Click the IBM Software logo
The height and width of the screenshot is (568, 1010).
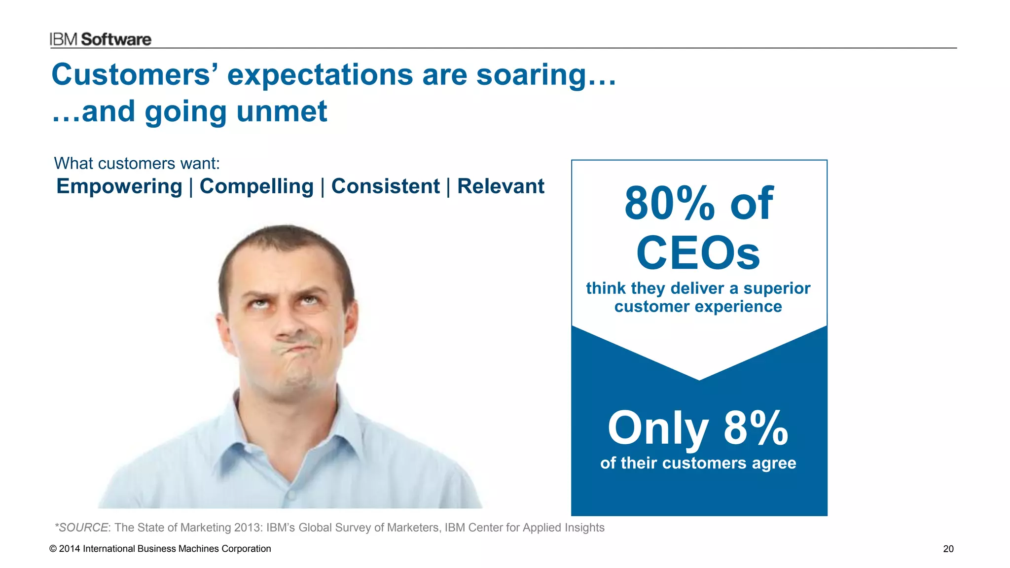(101, 39)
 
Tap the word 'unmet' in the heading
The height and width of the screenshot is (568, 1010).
(282, 111)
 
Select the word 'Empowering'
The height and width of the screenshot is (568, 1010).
(119, 186)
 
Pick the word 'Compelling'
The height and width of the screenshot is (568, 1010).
(256, 186)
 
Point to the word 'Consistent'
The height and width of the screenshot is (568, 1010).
(385, 186)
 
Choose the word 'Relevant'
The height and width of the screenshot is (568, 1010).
(501, 186)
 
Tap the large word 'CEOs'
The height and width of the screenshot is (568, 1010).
(698, 253)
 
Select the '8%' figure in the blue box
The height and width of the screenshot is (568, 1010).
(756, 428)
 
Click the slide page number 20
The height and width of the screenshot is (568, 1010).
(948, 549)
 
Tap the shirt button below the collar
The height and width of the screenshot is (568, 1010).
(291, 493)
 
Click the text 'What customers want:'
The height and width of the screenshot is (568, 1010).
(137, 163)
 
